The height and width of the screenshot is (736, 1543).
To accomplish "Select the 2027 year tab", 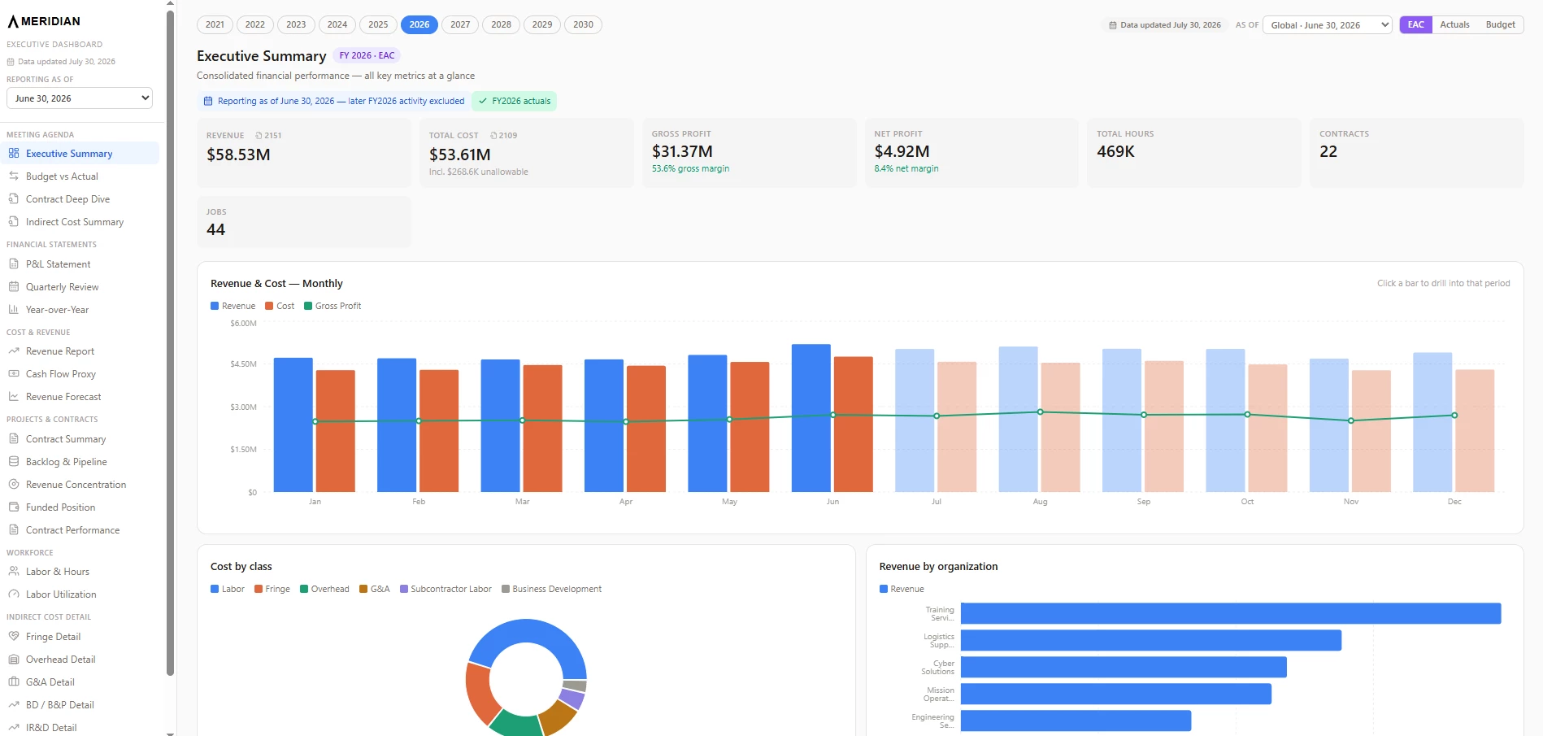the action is pos(460,24).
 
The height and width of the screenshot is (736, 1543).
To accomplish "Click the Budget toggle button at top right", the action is pos(1500,24).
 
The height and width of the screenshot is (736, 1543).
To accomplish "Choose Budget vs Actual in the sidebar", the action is pos(62,176).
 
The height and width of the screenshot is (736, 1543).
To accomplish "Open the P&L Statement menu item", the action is pos(58,264).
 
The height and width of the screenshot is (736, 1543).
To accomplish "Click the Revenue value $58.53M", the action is pos(238,155).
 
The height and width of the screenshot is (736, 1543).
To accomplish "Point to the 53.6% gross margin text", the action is pos(690,168).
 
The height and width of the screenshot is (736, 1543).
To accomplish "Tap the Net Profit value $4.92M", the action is pos(902,151).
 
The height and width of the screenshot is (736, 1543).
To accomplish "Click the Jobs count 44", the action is pos(215,230).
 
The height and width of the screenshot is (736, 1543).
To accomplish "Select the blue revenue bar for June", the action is pos(811,418).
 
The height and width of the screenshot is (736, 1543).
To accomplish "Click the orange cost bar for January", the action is pos(335,431).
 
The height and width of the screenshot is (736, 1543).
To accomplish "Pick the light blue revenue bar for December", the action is pos(1432,422).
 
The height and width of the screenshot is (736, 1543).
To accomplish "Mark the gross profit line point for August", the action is pos(1040,412).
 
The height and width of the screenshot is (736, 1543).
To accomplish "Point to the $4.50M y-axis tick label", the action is pos(243,364).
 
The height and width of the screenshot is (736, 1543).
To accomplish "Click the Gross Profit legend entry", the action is pos(333,306).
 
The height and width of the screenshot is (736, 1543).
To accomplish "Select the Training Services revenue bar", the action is pos(1231,613).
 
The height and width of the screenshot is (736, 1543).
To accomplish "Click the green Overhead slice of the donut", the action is pos(515,724).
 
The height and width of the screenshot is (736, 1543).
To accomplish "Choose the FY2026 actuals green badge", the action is pos(514,101).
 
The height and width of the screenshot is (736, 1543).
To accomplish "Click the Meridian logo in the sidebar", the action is pos(44,21).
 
